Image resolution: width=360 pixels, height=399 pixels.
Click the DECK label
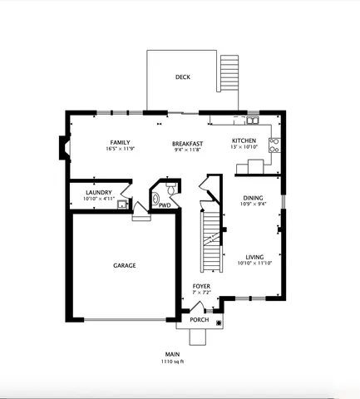[x=183, y=77]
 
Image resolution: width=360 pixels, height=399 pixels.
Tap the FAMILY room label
[x=121, y=142]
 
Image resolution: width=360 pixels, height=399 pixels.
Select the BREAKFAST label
[x=188, y=143]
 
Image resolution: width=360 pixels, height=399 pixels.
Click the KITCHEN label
[x=244, y=140]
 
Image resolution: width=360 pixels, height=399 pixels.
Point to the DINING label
[x=253, y=198]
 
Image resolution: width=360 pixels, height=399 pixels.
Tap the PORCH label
[x=200, y=320]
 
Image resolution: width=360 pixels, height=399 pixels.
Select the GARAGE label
[x=125, y=266]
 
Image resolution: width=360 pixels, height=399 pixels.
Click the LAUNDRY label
[x=98, y=193]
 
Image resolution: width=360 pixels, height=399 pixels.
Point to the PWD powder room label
[x=165, y=205]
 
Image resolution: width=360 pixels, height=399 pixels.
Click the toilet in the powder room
[x=155, y=199]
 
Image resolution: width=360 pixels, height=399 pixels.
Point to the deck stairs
[x=229, y=76]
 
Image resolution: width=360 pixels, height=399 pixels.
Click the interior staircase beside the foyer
[x=211, y=237]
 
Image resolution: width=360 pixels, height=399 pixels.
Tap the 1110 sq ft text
[x=172, y=362]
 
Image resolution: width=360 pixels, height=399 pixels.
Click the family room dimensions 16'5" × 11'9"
[x=121, y=149]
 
